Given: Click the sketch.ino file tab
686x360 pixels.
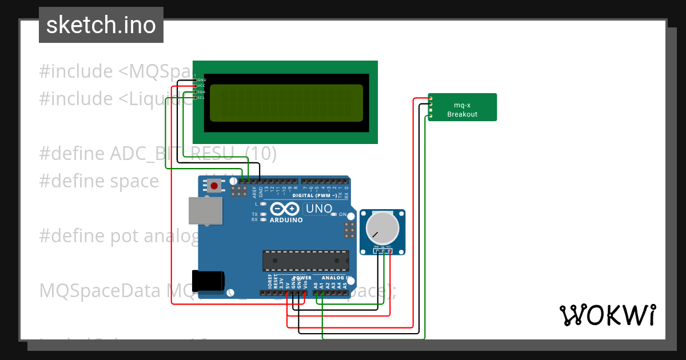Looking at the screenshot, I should [101, 25].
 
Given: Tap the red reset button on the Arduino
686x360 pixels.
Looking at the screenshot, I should [215, 185].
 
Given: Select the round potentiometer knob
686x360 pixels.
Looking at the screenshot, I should [382, 227].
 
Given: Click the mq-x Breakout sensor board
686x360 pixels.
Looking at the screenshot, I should [462, 107].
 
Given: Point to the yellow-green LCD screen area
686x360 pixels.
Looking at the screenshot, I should [286, 103].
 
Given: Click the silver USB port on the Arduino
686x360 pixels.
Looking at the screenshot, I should [205, 211].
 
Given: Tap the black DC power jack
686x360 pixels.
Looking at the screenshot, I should [208, 281].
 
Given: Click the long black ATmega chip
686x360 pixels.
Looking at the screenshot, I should [305, 261].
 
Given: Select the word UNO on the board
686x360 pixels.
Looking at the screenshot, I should [319, 209].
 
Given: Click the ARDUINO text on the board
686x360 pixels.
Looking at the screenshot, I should [286, 220].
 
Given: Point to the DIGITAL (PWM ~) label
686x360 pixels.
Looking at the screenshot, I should [314, 195].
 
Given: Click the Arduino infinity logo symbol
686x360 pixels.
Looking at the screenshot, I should [285, 210].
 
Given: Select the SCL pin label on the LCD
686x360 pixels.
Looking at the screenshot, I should [201, 98].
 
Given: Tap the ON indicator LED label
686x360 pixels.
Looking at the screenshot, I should [342, 214].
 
